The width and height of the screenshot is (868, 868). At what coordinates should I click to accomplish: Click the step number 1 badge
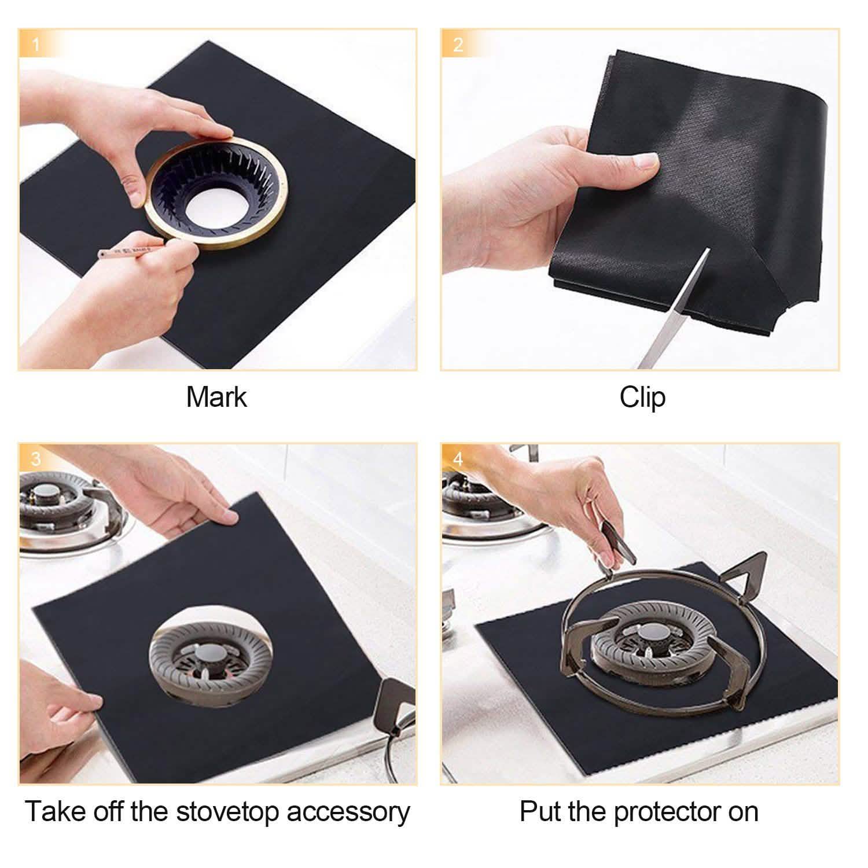(36, 45)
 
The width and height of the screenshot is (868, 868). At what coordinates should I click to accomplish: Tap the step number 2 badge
(458, 45)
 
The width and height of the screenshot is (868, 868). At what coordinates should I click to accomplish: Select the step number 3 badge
(36, 459)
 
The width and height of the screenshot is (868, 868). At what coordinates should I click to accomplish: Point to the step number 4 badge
(458, 459)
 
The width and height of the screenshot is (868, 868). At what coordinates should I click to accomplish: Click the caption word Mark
(216, 398)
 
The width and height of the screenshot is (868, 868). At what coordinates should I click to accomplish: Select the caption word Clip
(642, 398)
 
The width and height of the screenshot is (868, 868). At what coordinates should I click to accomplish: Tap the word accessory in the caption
(348, 812)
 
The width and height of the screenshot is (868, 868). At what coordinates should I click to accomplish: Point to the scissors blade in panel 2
(677, 307)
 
